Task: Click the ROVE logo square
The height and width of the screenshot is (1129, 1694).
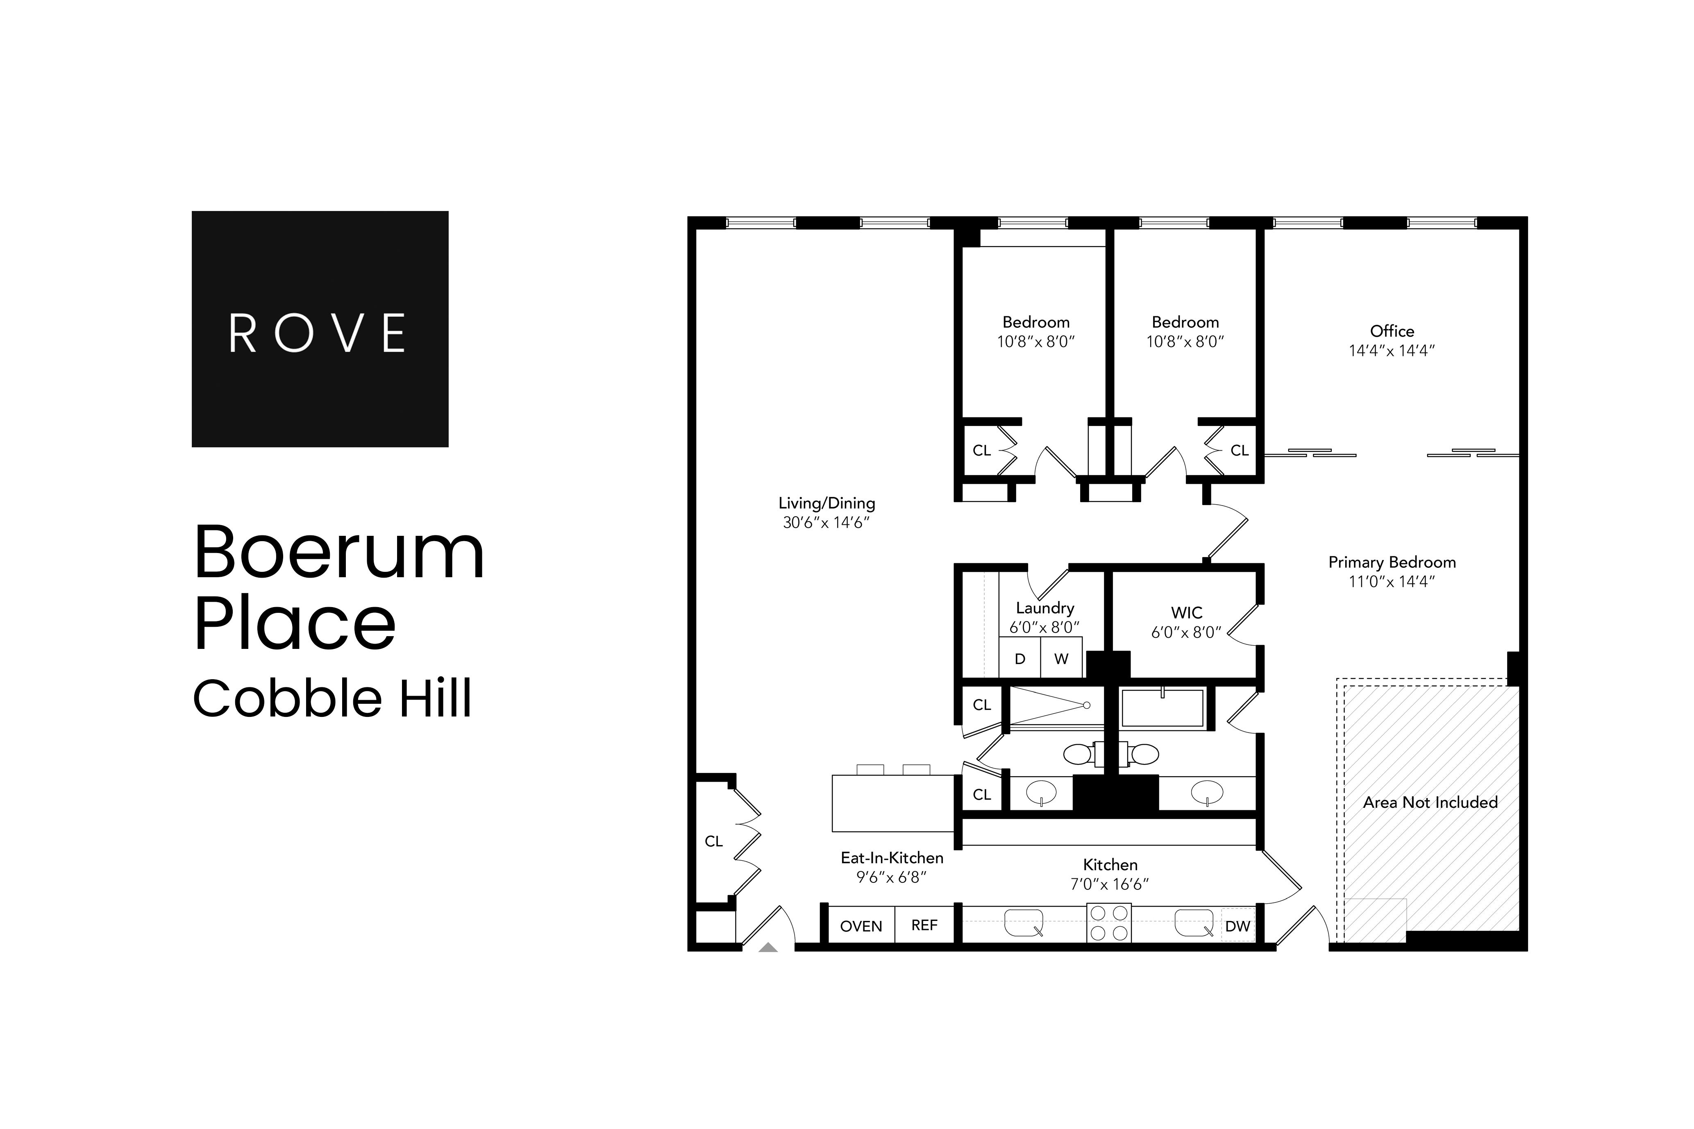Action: [x=320, y=329]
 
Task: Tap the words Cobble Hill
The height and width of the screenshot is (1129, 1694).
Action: [x=332, y=698]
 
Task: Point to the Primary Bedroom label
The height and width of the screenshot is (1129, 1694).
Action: [x=1392, y=562]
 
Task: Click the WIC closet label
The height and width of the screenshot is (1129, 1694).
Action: [x=1186, y=613]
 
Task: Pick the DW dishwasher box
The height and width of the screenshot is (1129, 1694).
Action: [x=1238, y=926]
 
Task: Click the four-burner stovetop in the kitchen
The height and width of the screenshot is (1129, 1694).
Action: [x=1109, y=923]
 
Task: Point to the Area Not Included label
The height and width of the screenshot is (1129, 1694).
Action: [x=1430, y=802]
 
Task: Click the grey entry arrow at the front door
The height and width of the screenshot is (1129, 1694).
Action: [x=768, y=948]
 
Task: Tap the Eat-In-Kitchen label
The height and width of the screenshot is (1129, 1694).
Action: [x=892, y=857]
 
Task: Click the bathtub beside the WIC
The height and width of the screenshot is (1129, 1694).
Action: [x=1163, y=708]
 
